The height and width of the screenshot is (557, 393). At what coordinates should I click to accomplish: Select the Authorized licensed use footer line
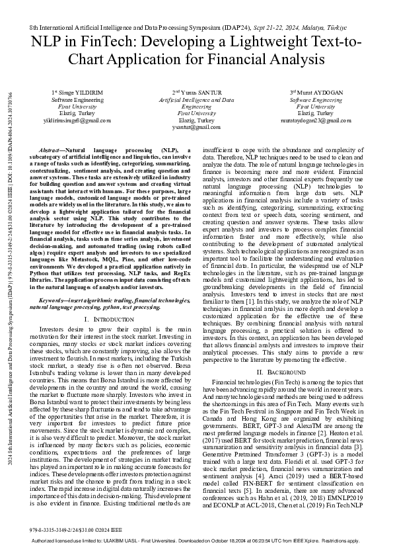196,540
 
